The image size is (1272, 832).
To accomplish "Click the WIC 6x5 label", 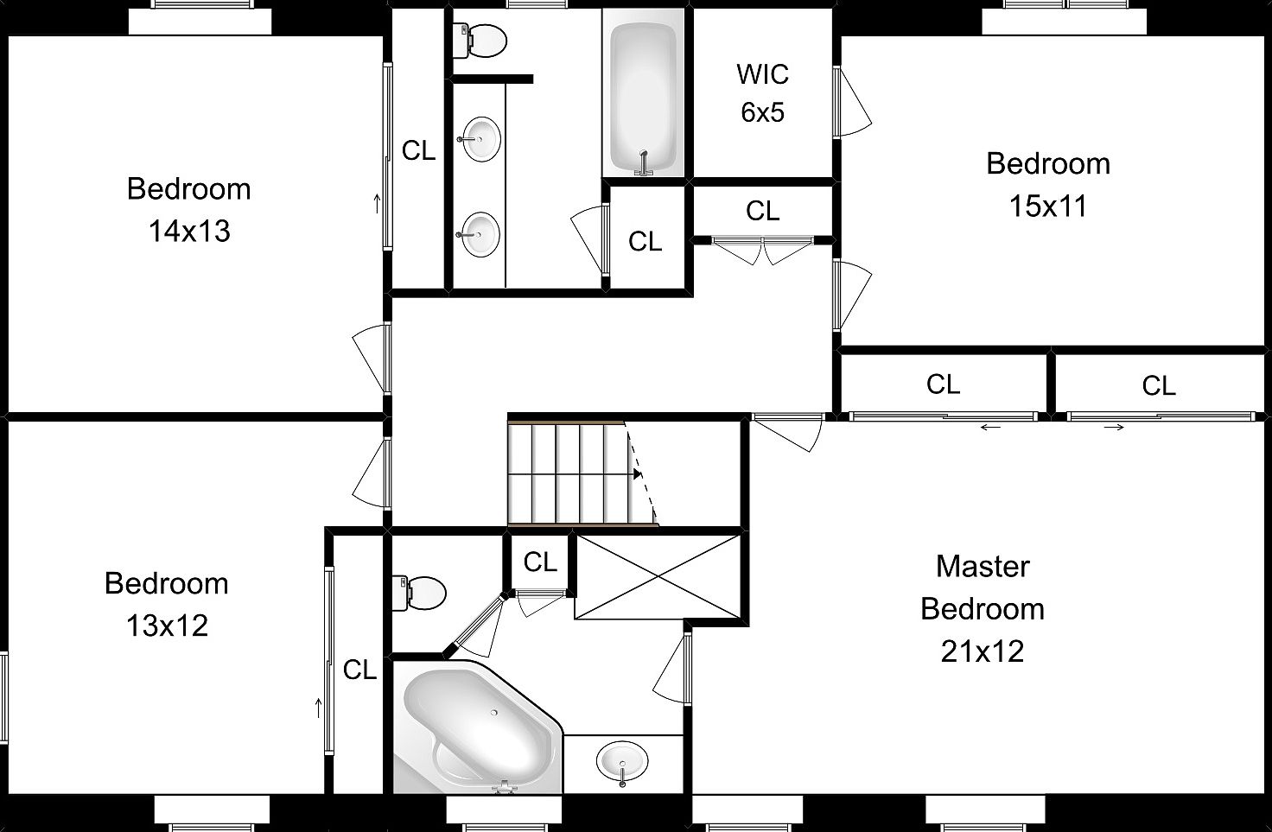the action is coord(763,93).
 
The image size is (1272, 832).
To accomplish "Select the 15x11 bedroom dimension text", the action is coord(1047,206).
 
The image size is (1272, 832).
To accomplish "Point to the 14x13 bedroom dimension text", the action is coord(189,232).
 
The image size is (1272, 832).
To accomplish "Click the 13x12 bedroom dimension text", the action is coord(167,626).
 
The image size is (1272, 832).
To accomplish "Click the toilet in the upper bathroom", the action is coord(480,41).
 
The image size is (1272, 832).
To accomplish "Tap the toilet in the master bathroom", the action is coord(418,593).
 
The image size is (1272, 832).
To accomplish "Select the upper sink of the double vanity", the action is coord(480,139).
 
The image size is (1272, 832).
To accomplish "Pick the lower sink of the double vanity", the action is coord(480,234).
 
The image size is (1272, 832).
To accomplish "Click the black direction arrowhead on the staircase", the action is coord(638,473).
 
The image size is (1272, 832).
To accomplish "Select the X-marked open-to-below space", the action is coord(658,576).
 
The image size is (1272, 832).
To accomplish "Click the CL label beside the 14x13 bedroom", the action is coord(418,151).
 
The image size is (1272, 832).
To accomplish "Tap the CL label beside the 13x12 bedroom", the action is coord(360,670).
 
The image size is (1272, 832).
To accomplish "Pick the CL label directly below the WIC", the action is coord(763,212).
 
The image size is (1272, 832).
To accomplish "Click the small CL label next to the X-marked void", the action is coord(540,562).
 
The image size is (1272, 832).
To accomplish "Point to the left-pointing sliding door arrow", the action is coord(990,427).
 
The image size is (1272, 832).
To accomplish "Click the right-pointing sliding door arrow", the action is coord(1114,427).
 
